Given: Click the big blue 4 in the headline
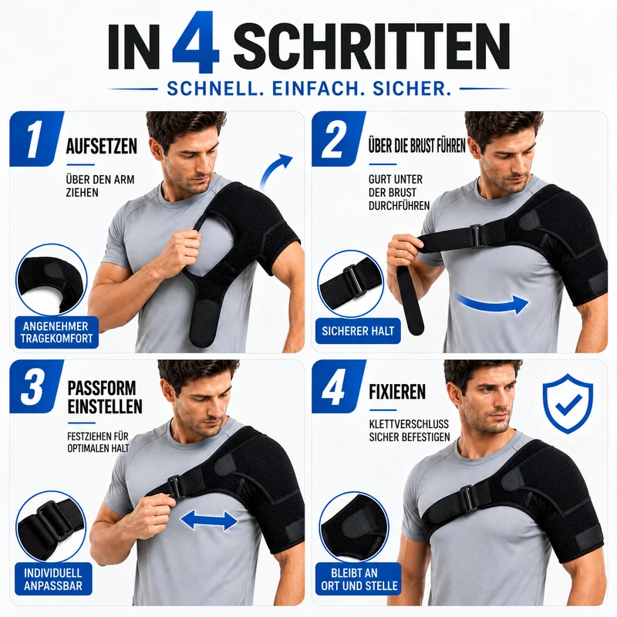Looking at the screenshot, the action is point(196,42).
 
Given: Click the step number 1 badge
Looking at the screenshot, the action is point(36,139).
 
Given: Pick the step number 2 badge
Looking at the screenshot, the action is point(339,139).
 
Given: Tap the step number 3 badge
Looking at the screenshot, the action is point(36,386).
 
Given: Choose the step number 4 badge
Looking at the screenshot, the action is point(339,386).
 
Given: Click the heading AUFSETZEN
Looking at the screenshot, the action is point(102,147).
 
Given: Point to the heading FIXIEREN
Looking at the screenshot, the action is point(397,392).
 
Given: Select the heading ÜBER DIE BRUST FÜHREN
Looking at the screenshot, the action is point(416,146).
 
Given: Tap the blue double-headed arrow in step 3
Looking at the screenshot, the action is point(209,521).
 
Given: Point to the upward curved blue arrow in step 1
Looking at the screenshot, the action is point(275,170).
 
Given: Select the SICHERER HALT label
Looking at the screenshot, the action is point(358,331).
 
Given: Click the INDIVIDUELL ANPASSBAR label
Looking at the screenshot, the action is point(53,579).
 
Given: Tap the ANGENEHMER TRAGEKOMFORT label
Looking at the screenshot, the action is point(56,332).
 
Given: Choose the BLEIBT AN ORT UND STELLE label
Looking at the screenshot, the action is point(359,579).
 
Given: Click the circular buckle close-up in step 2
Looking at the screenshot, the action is point(350,283).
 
